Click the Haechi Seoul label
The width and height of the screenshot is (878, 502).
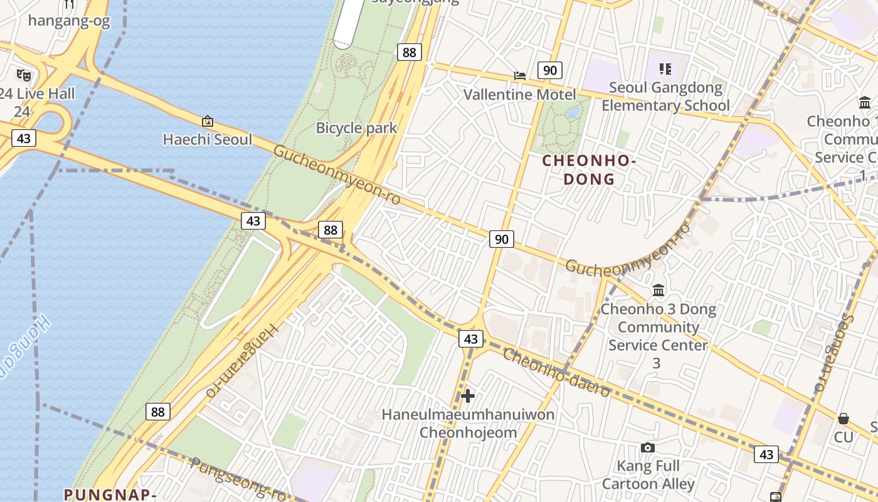click(x=207, y=139)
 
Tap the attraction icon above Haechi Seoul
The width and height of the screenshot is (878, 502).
click(x=207, y=120)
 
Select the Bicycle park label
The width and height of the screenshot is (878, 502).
click(x=356, y=128)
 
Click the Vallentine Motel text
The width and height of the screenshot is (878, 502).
click(x=519, y=95)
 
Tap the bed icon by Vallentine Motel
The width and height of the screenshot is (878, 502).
click(x=520, y=75)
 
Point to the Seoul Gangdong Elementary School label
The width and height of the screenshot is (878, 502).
click(x=665, y=96)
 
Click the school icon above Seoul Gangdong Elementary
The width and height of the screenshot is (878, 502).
click(x=665, y=68)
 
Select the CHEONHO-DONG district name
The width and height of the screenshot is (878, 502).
click(x=589, y=169)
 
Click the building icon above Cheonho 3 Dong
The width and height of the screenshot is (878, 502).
click(x=658, y=290)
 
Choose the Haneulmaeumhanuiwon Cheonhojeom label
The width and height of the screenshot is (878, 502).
click(x=468, y=424)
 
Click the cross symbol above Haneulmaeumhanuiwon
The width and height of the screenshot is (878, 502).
click(x=468, y=396)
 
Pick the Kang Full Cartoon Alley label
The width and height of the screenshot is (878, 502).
click(x=648, y=475)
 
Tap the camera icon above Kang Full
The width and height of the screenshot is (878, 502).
click(x=648, y=447)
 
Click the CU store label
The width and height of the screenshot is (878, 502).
click(x=844, y=437)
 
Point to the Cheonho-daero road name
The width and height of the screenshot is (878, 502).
click(x=556, y=373)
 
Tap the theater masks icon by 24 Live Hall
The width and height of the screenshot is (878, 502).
click(x=24, y=75)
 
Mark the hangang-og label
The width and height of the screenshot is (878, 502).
click(x=69, y=21)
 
